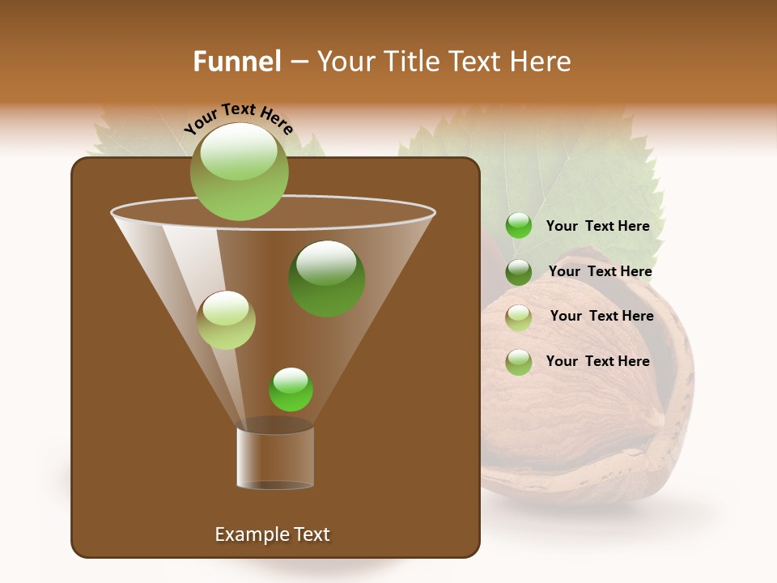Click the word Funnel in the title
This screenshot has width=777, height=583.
coord(236,62)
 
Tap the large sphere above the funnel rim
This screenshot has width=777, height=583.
coord(239,171)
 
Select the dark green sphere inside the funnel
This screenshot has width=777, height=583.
coord(326,279)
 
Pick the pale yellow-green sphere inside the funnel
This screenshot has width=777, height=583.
coord(227,320)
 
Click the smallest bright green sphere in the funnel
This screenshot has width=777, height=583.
coord(291,389)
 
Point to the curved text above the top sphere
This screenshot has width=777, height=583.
coord(238,118)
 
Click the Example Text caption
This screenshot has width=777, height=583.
coord(272,534)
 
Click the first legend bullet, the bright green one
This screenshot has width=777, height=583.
coord(519,226)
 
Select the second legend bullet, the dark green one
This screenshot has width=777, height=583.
coord(519,272)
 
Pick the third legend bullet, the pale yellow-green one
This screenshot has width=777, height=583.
coord(519,317)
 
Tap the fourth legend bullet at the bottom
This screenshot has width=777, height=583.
coord(519,362)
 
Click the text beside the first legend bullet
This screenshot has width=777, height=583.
coord(597,226)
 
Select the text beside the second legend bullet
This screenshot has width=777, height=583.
coord(600,271)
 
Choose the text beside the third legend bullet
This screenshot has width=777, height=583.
coord(601,316)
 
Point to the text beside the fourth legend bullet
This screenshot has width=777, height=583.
coord(597,361)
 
